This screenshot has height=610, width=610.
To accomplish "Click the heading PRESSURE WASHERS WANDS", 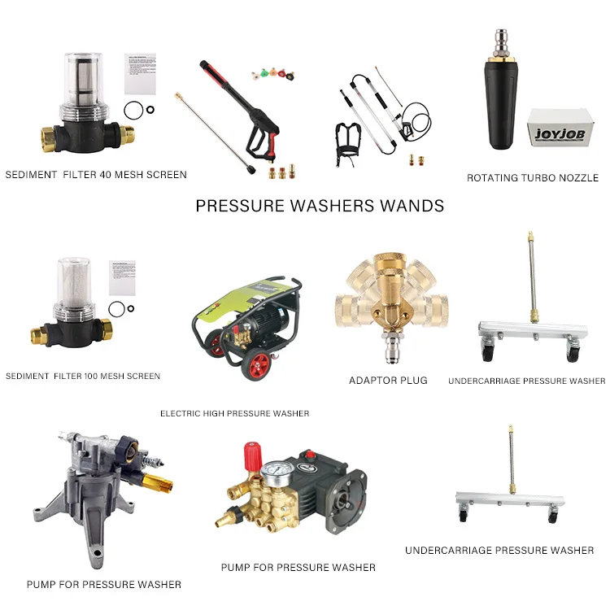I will coord(320,206).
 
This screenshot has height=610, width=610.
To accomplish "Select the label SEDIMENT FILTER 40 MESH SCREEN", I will coord(96,175).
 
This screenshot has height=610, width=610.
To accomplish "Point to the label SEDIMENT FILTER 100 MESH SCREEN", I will coord(83,377).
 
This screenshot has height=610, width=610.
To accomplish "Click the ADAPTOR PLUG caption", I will coord(388,381).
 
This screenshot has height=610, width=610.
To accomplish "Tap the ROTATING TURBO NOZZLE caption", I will coord(533,178).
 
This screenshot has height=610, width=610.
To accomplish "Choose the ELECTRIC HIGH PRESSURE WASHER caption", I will coord(234,414).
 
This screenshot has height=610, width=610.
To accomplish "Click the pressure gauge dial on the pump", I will coord(277,475).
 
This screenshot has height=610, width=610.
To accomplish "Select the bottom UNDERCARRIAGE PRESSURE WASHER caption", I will coord(499,551).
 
